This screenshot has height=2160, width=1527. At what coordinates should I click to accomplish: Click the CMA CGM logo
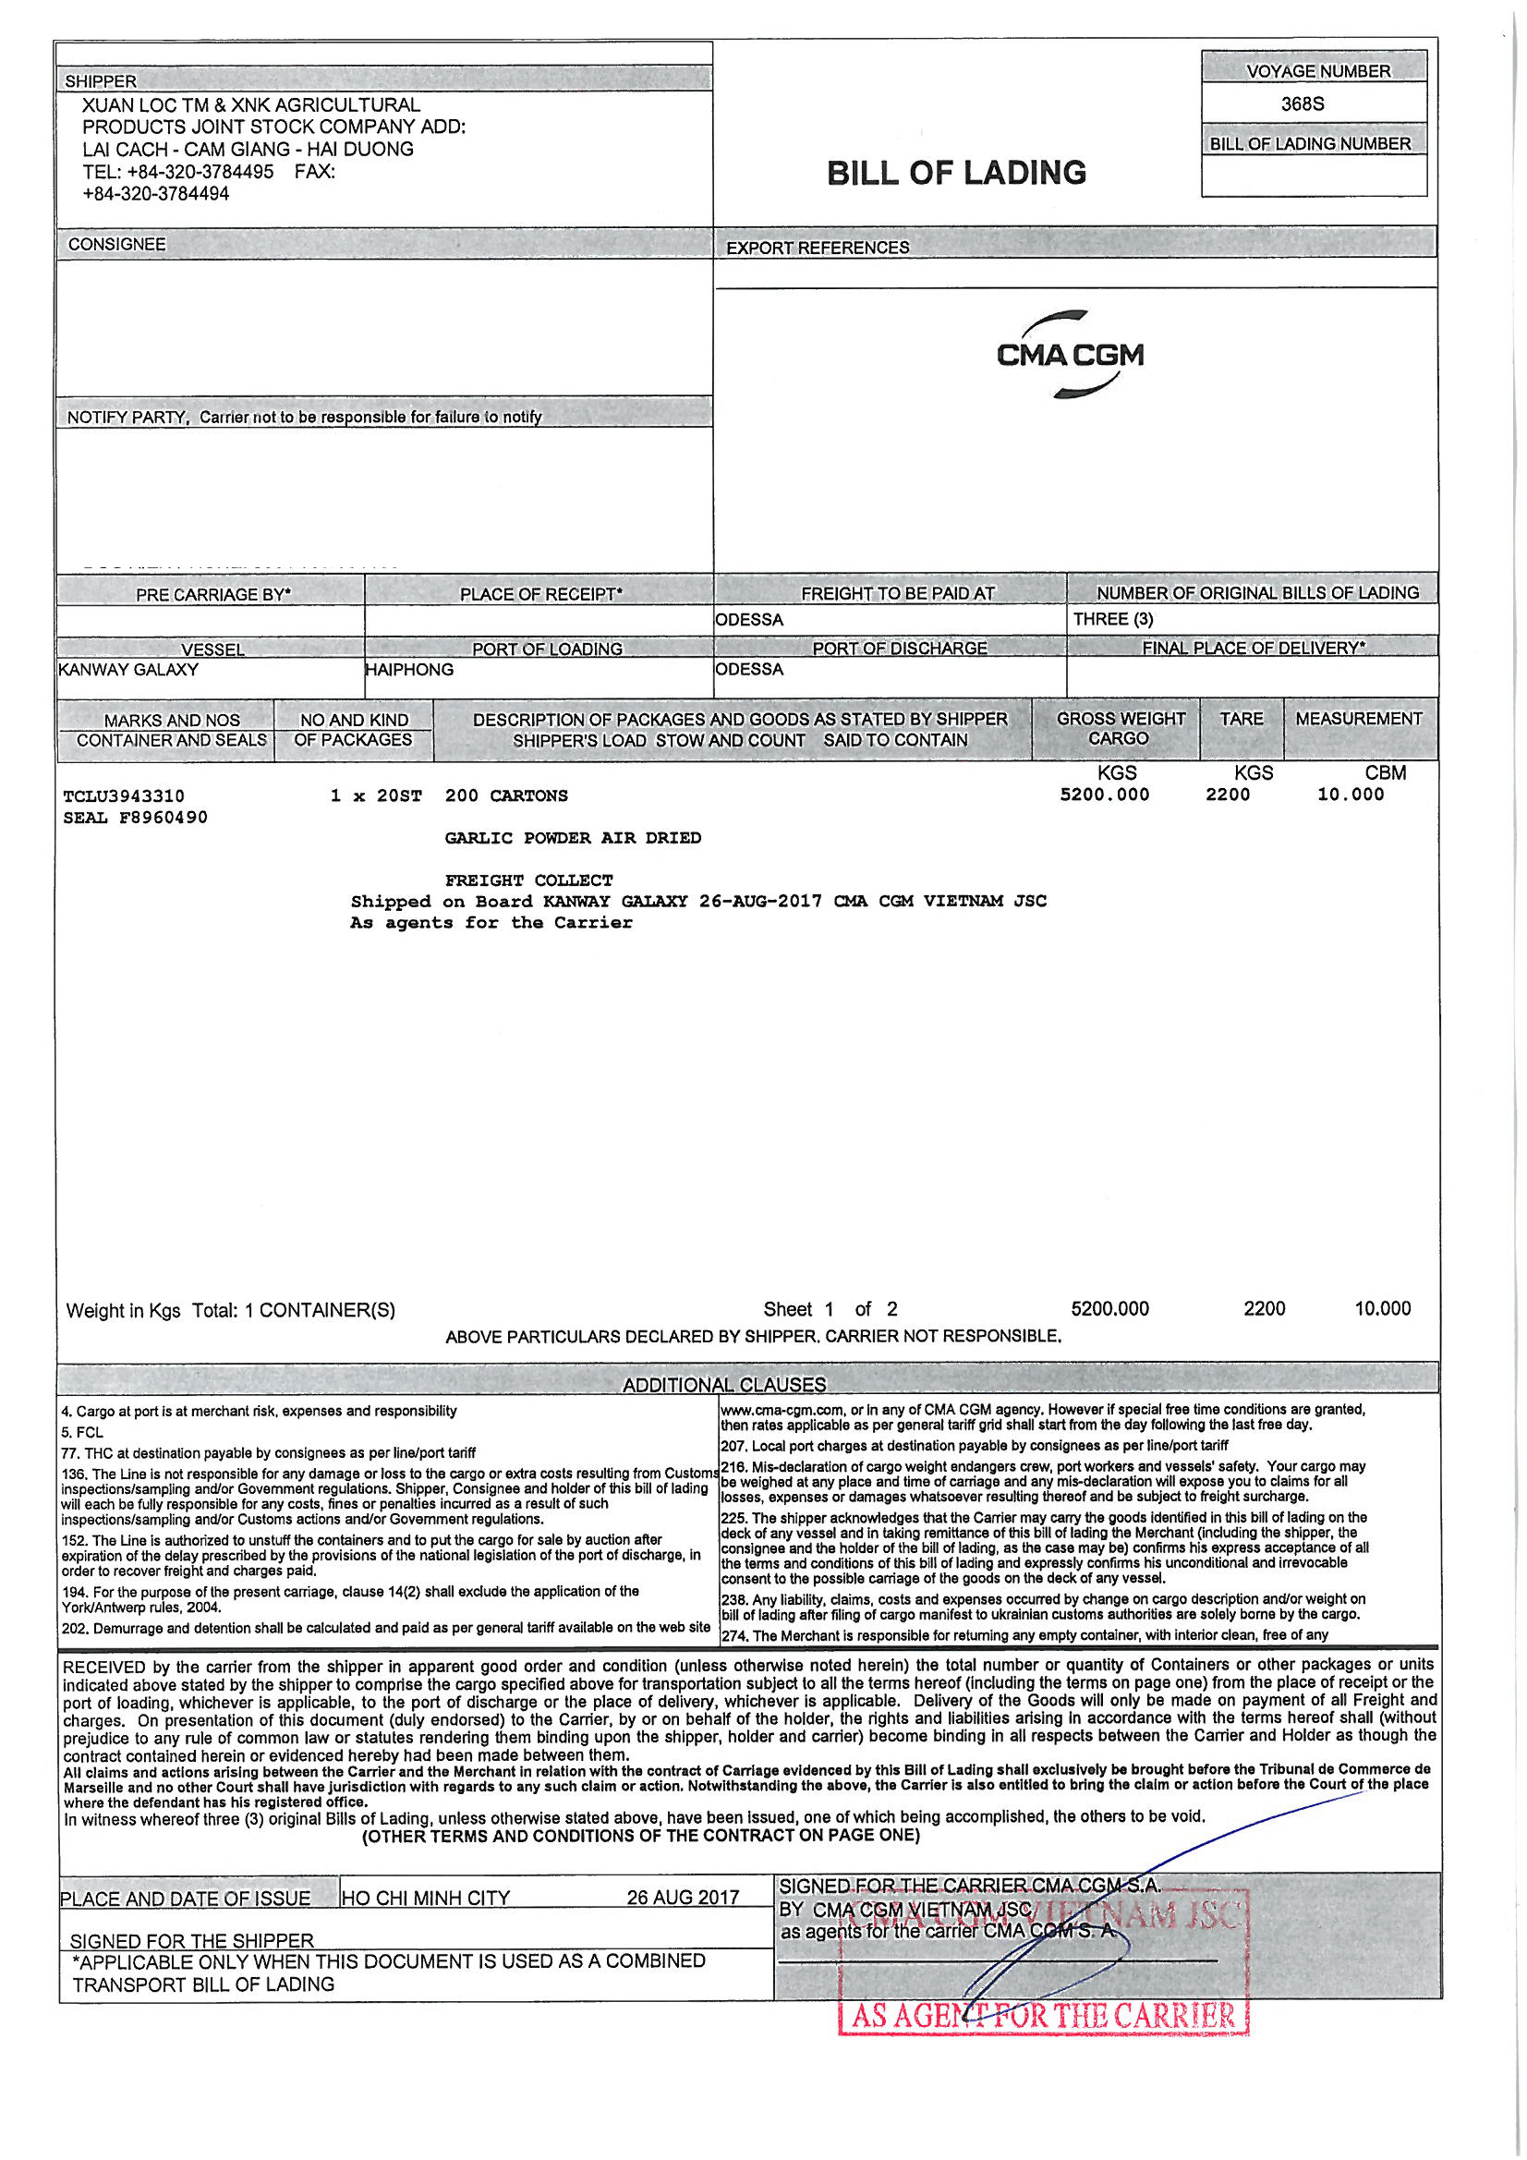pyautogui.click(x=1070, y=355)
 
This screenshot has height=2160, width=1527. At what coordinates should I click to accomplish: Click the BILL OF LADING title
pyautogui.click(x=956, y=173)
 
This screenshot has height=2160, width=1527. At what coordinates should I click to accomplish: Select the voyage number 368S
pyautogui.click(x=1303, y=104)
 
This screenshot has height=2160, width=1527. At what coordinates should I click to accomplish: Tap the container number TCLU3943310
pyautogui.click(x=123, y=795)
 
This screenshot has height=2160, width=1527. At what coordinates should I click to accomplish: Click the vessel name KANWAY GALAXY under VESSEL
pyautogui.click(x=129, y=670)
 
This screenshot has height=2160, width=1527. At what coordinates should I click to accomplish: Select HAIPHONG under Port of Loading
pyautogui.click(x=409, y=670)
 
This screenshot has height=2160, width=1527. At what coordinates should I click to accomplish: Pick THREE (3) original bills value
pyautogui.click(x=1113, y=619)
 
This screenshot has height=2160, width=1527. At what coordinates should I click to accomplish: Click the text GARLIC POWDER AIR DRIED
pyautogui.click(x=573, y=838)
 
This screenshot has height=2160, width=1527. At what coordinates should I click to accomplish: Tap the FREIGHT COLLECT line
pyautogui.click(x=528, y=880)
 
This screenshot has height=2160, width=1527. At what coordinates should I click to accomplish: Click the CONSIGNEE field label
pyautogui.click(x=116, y=245)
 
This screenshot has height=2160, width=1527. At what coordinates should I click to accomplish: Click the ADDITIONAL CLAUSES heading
pyautogui.click(x=723, y=1385)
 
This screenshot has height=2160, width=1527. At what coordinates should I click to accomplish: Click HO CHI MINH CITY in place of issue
pyautogui.click(x=426, y=1898)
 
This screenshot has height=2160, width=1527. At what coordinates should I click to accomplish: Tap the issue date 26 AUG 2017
pyautogui.click(x=683, y=1898)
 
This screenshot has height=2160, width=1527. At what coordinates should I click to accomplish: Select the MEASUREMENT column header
pyautogui.click(x=1358, y=719)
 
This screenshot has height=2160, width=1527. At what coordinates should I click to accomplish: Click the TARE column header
pyautogui.click(x=1241, y=719)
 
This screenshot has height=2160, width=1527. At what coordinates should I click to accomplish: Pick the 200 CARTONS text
pyautogui.click(x=506, y=795)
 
